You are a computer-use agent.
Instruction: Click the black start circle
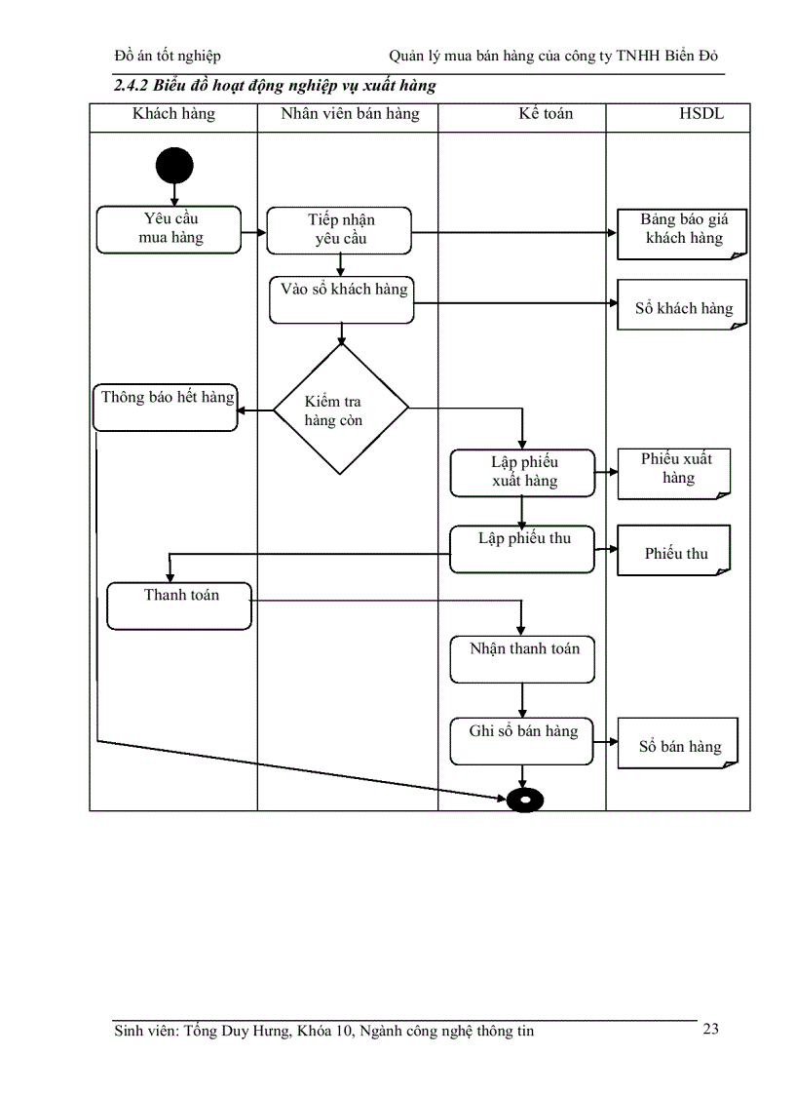click(174, 166)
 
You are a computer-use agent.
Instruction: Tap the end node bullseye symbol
click(525, 800)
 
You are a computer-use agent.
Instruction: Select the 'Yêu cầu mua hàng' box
click(169, 229)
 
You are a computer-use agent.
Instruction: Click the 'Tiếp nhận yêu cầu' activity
click(339, 230)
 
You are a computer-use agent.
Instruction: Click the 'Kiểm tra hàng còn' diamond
click(340, 410)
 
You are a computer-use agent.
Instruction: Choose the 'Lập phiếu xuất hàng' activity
click(522, 472)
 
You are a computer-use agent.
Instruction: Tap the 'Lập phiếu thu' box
click(522, 550)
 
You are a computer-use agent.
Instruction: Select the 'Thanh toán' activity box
click(179, 606)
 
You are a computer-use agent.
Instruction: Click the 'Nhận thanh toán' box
click(522, 659)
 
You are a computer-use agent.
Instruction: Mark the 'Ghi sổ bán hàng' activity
click(522, 742)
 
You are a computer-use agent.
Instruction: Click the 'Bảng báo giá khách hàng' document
click(682, 233)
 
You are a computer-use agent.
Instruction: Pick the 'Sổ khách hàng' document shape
click(682, 305)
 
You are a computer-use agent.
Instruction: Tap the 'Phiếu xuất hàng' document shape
click(674, 472)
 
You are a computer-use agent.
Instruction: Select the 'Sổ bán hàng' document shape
click(678, 745)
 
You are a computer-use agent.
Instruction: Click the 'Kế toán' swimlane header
click(546, 114)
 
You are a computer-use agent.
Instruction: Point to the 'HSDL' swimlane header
click(701, 114)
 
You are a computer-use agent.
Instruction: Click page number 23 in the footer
click(710, 1029)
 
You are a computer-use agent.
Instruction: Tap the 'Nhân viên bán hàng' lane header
click(350, 114)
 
